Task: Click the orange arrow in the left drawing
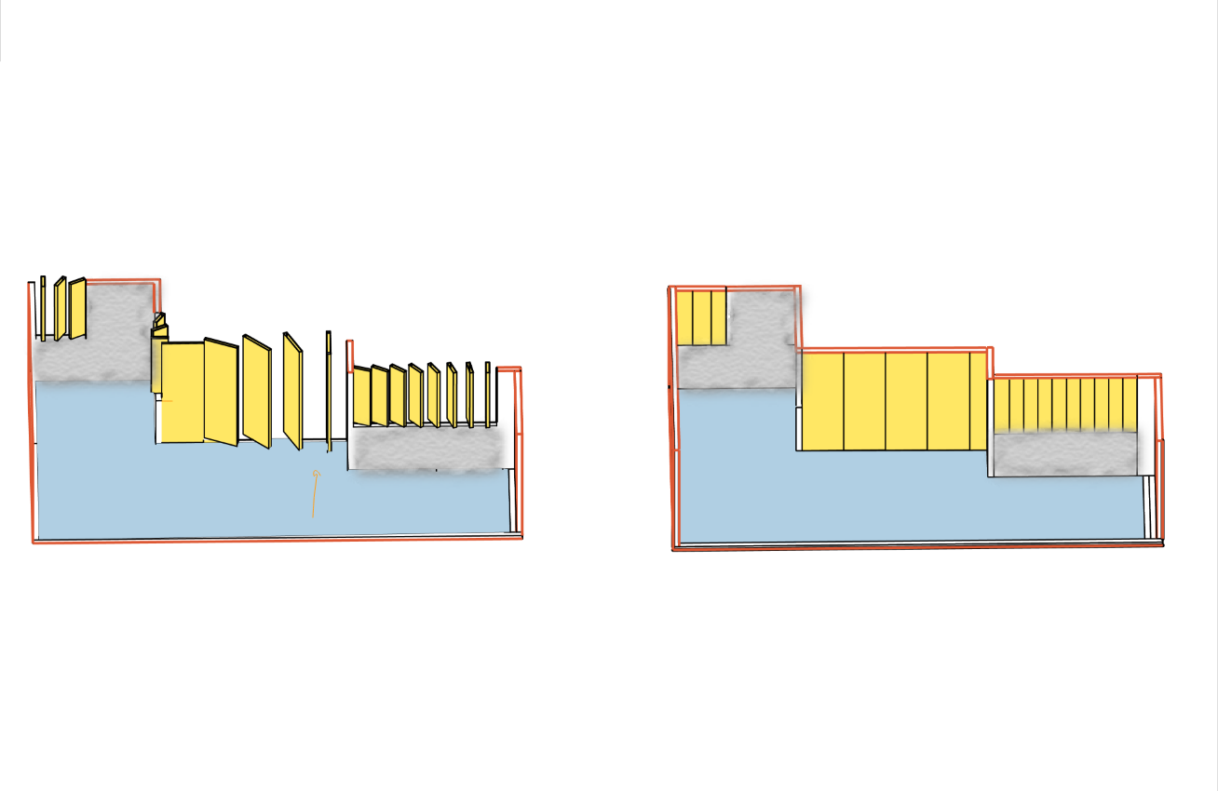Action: [314, 494]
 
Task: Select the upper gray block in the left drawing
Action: [93, 335]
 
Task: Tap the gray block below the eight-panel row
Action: [428, 449]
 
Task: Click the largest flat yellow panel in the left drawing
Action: [183, 392]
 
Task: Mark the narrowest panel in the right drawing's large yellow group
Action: [978, 401]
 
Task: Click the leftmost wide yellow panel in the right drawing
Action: [822, 401]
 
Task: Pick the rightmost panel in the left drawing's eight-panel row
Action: [488, 395]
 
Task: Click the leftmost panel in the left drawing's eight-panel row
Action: [361, 396]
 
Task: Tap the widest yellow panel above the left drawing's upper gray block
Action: [77, 308]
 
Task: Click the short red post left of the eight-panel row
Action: [350, 355]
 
